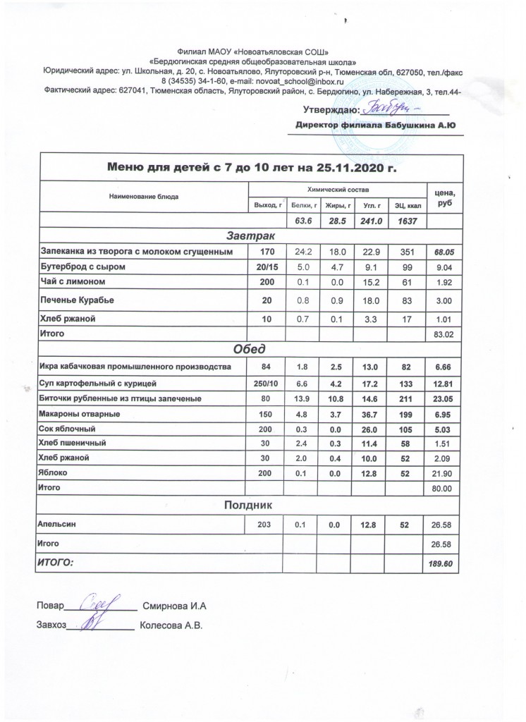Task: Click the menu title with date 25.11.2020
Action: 252,168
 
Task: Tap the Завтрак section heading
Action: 251,235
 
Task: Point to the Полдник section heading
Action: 251,505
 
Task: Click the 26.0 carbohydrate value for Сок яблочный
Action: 367,429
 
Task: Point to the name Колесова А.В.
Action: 171,625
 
